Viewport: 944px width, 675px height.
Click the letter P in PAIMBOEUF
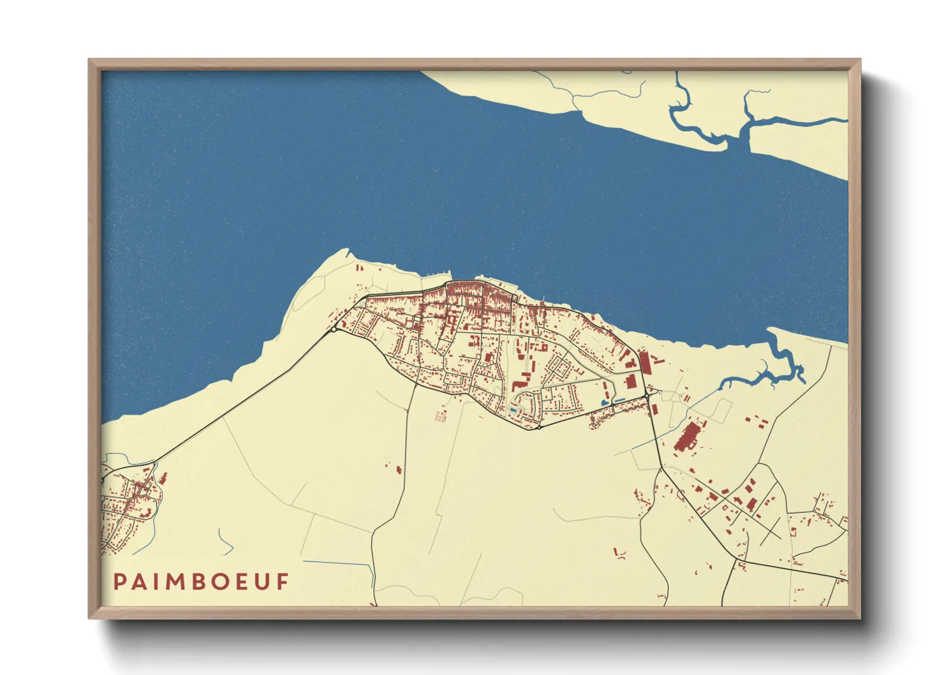119,582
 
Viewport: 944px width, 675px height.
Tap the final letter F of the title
283,582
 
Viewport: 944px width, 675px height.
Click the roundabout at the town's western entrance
334,329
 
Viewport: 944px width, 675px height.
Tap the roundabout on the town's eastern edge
647,396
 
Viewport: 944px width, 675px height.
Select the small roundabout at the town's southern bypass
540,427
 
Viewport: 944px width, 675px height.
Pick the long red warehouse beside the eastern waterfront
644,362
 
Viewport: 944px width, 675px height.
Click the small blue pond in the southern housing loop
513,410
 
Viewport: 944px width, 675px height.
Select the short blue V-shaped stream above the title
225,542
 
